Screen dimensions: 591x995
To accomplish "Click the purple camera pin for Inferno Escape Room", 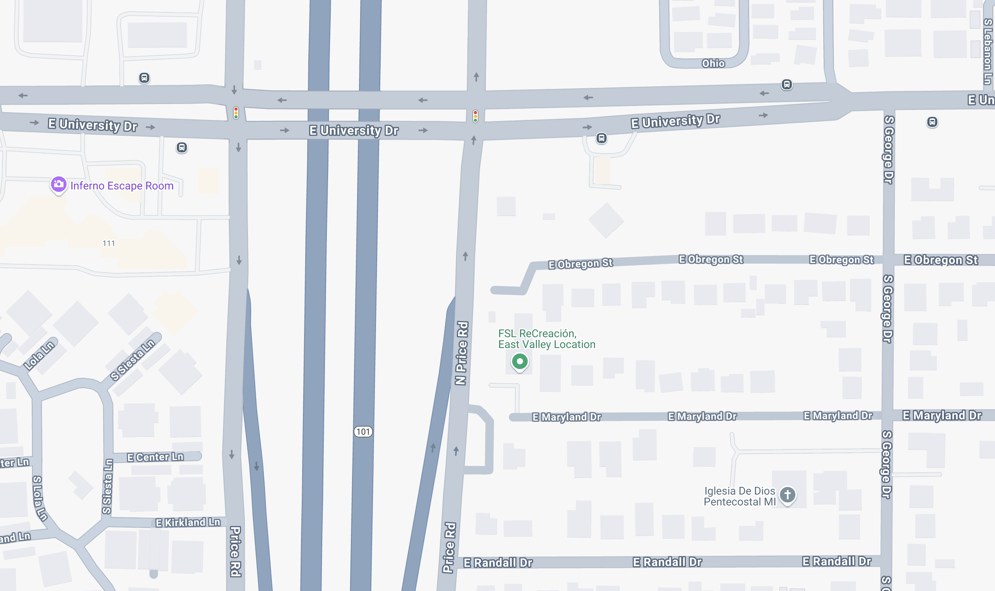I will (58, 184).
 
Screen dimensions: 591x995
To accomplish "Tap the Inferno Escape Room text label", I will (122, 186).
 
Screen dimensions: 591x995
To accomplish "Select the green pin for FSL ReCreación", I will (520, 362).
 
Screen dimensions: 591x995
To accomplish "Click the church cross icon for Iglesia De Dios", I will (787, 495).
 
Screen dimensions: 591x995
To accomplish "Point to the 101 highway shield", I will (363, 432).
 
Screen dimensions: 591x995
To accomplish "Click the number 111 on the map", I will (109, 243).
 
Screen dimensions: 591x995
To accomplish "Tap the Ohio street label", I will (713, 64).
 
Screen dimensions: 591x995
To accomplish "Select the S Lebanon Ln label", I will (987, 52).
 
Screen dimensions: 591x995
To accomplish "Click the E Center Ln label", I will (156, 457).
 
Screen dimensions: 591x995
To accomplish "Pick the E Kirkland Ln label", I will (188, 523).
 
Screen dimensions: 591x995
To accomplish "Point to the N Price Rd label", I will (462, 353).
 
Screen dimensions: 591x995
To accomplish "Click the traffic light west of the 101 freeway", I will (236, 113).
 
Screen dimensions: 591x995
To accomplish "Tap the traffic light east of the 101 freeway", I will (475, 116).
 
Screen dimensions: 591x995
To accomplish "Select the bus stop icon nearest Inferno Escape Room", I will (182, 148).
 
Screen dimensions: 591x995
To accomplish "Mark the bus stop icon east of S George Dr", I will (932, 122).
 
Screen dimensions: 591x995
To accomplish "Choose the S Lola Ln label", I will (39, 498).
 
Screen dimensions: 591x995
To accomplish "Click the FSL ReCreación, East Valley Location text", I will (547, 339).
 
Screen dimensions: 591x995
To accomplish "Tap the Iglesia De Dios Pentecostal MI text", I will (739, 496).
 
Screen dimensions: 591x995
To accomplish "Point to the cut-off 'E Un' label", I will (980, 100).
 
